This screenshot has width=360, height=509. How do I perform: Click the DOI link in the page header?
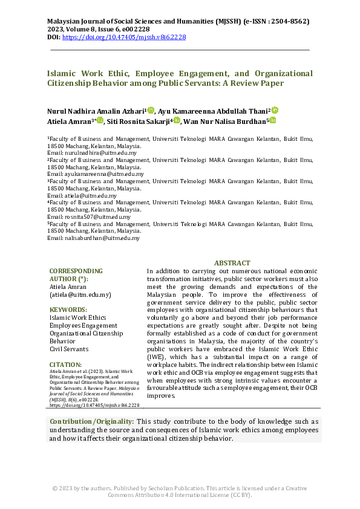point(124,37)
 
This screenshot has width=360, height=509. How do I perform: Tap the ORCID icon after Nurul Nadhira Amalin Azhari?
point(151,110)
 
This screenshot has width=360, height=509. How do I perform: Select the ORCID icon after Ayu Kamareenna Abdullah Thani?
point(274,110)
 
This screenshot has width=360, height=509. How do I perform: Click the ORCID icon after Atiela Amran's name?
point(100,120)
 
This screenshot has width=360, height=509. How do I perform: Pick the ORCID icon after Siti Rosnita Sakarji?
point(177,120)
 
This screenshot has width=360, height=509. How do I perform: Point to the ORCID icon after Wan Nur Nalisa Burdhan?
point(272,120)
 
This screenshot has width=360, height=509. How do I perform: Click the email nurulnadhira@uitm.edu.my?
point(100,153)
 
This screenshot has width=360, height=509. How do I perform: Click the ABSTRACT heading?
point(232,263)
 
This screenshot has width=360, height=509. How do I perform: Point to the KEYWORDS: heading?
point(69,308)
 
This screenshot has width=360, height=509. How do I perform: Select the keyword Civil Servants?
point(68,349)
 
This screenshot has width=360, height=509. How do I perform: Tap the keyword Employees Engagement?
point(83,325)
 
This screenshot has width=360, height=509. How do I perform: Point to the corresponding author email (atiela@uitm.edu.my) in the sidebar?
point(80,294)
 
